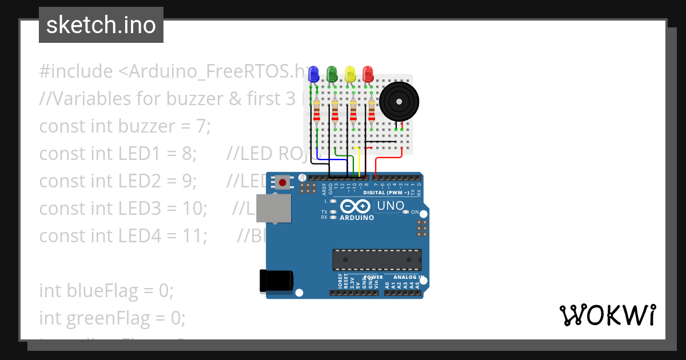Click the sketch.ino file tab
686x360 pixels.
pyautogui.click(x=101, y=25)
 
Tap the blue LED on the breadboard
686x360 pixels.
pyautogui.click(x=313, y=74)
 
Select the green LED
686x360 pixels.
pyautogui.click(x=332, y=74)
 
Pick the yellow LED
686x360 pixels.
pyautogui.click(x=350, y=74)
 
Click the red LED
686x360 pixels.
pyautogui.click(x=368, y=74)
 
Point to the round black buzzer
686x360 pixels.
pyautogui.click(x=399, y=101)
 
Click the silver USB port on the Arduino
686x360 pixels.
pyautogui.click(x=273, y=208)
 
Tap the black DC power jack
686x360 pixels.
pyautogui.click(x=276, y=280)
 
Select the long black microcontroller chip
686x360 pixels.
pyautogui.click(x=377, y=259)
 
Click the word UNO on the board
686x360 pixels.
pyautogui.click(x=392, y=206)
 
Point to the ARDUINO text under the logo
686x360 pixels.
pyautogui.click(x=357, y=218)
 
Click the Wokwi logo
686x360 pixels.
pyautogui.click(x=607, y=315)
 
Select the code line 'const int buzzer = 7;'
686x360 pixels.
pyautogui.click(x=125, y=126)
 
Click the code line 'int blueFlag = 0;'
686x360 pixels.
pyautogui.click(x=106, y=290)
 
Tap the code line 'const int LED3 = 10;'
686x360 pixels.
pyautogui.click(x=123, y=208)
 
